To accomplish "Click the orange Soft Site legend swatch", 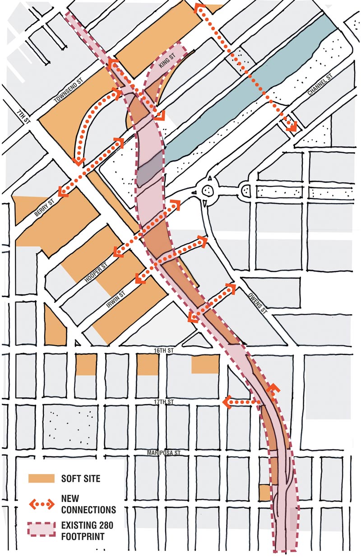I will click(42, 478).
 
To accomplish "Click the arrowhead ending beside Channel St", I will click(291, 126).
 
